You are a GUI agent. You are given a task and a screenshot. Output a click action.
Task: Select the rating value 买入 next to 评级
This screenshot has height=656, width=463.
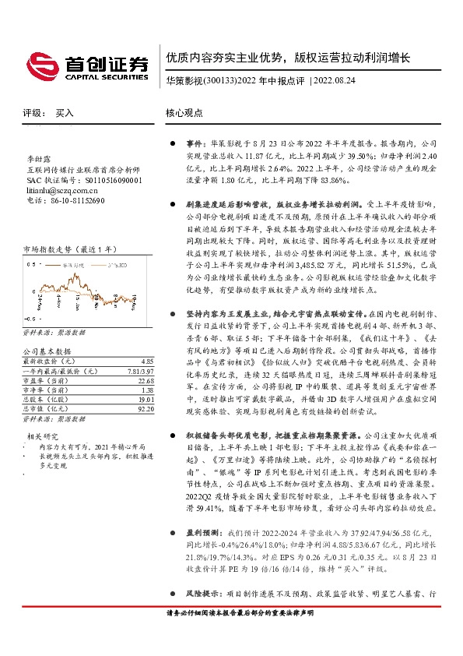point(65,112)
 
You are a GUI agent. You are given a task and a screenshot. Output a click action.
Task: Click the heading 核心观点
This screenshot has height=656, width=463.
point(184,112)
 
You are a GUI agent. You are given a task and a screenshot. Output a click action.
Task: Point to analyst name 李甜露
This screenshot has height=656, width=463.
point(39,158)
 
